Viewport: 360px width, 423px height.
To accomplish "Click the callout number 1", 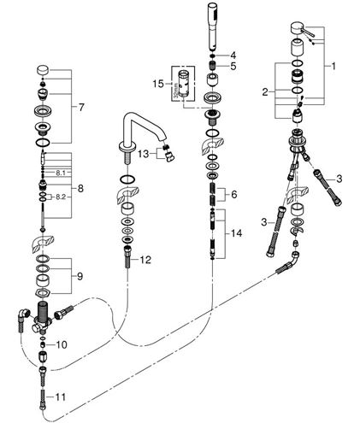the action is tap(333, 67).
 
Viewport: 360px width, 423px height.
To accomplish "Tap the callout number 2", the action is tap(265, 92).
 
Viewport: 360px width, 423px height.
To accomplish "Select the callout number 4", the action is tap(233, 55).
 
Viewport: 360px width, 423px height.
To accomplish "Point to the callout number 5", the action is tap(233, 67).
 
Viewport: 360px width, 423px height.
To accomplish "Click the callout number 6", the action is tap(234, 195).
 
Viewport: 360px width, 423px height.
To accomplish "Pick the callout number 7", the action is tap(81, 108).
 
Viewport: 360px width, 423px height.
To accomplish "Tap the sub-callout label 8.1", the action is tap(61, 173).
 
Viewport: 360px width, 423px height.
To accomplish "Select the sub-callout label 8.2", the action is tap(61, 197).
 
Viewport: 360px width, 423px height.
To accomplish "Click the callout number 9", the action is tap(80, 276).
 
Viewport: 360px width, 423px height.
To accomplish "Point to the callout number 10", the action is tap(62, 345).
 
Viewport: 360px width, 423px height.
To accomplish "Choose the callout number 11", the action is tap(60, 397).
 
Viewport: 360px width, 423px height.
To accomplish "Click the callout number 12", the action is tap(145, 260).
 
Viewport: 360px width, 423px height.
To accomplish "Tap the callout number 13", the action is tap(144, 154).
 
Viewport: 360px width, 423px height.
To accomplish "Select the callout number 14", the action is tap(236, 233).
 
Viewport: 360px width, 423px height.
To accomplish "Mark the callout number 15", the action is tap(158, 84).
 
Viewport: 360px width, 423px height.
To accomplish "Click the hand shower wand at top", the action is tap(212, 26).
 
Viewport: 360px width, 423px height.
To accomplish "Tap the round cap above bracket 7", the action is tap(43, 70).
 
